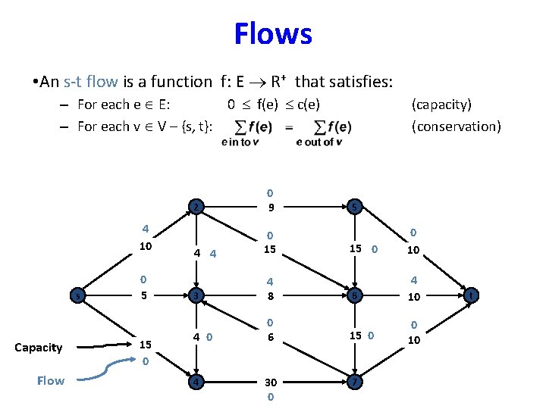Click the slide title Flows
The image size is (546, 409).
(272, 33)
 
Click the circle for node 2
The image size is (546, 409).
(196, 207)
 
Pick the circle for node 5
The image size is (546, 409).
(353, 207)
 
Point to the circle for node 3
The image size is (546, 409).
(196, 295)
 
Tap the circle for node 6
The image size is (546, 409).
(353, 295)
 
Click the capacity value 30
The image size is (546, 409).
(271, 383)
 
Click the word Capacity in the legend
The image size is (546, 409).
(38, 348)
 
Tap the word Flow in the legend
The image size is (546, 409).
(50, 380)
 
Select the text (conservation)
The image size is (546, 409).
(456, 126)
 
